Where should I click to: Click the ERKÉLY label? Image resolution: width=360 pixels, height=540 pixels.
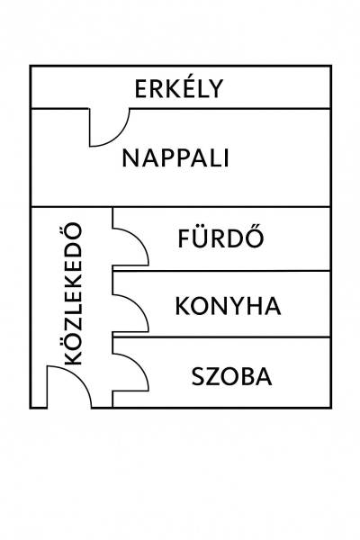(179, 88)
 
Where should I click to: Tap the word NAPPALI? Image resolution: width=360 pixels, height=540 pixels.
(175, 158)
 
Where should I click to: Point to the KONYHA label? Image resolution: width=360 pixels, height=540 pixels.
(228, 306)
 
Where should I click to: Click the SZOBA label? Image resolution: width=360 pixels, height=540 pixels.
(232, 376)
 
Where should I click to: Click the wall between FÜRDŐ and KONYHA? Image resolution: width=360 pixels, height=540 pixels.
(221, 271)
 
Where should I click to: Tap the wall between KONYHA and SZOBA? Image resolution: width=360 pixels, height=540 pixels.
(221, 337)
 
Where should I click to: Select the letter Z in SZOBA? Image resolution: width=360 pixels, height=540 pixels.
(213, 376)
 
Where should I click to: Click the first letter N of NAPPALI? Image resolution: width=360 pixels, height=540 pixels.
(130, 158)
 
